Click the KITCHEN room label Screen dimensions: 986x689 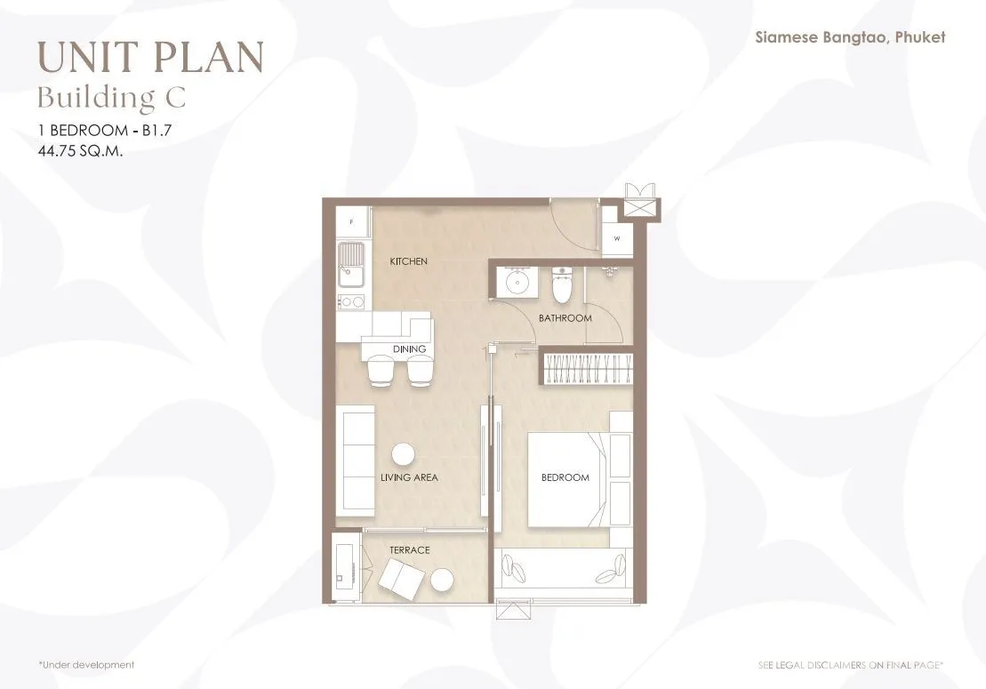(x=409, y=260)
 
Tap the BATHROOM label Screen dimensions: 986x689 (x=565, y=318)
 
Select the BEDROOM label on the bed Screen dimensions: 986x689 (x=565, y=477)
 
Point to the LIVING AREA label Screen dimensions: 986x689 (x=409, y=477)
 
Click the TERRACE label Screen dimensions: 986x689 (x=409, y=550)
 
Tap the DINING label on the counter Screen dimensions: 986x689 (x=409, y=349)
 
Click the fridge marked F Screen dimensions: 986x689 (x=352, y=222)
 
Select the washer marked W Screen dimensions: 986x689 (x=617, y=238)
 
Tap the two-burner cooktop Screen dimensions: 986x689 (x=351, y=302)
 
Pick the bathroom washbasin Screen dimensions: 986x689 (x=517, y=281)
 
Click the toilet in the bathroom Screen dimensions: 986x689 (x=562, y=284)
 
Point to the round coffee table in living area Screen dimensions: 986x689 (x=403, y=454)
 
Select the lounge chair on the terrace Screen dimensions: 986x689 (x=401, y=579)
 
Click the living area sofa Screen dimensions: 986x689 (x=356, y=461)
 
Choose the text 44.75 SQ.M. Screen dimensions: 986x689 (x=80, y=151)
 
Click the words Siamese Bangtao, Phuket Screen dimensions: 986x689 (x=850, y=37)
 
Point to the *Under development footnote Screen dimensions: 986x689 (x=87, y=664)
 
